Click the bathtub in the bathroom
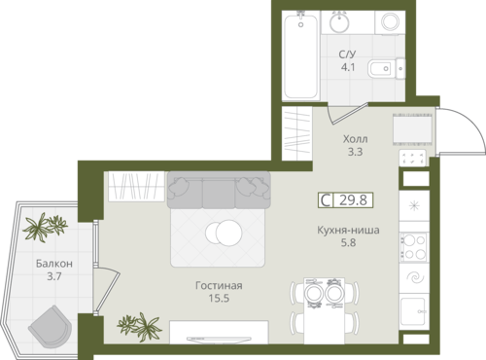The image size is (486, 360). point(301,55)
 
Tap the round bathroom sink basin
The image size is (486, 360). point(339,22)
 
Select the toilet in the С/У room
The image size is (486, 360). point(387,68)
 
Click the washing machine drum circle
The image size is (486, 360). point(391,21)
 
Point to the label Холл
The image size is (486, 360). point(355,139)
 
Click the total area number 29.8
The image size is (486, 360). point(353,200)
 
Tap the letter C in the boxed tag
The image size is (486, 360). point(326,200)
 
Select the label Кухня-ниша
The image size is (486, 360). point(348,231)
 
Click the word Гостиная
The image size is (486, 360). point(219,286)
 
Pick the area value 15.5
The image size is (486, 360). point(219,299)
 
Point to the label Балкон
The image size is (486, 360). point(54,264)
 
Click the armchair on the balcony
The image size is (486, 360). point(50,327)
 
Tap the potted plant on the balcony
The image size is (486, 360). point(45,227)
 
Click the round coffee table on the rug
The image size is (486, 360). point(224,233)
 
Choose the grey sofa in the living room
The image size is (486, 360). point(219,190)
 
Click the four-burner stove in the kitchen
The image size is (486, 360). point(414,247)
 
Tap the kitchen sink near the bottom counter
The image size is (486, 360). point(413,311)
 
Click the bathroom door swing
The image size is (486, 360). point(347,114)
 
